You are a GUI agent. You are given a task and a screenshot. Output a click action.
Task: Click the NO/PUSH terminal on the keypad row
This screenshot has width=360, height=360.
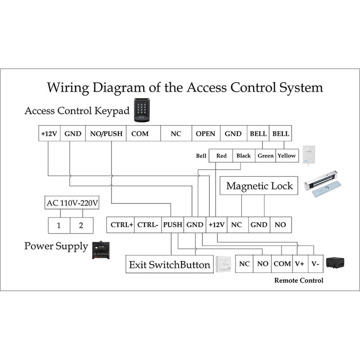coord(106,134)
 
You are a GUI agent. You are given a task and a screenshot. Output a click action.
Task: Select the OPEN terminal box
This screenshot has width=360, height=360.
coord(206,134)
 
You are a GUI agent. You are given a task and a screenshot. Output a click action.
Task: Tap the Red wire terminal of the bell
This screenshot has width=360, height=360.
coord(221,156)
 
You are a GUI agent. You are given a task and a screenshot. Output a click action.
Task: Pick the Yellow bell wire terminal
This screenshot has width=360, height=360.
coord(286,156)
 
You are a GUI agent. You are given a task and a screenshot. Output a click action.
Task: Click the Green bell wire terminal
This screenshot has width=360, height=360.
coord(265,156)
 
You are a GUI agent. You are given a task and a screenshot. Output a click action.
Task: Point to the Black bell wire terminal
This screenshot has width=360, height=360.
coord(243,156)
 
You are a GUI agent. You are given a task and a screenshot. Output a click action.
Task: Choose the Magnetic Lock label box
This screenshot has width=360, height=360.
coord(259,186)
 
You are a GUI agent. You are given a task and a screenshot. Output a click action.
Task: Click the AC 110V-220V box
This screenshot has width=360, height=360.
coord(72,203)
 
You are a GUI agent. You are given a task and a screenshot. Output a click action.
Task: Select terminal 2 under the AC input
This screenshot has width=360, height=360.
coord(81,225)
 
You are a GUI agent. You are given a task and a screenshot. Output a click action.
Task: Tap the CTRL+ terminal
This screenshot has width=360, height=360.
coord(121,225)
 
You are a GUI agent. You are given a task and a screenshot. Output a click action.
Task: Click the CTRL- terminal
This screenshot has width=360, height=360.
coord(148,225)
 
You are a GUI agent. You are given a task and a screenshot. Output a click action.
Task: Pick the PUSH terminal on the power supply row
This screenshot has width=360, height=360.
coord(172,225)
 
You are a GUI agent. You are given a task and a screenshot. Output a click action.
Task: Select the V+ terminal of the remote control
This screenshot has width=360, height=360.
coord(299,264)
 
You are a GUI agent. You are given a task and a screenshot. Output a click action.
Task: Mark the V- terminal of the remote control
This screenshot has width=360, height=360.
coord(315,264)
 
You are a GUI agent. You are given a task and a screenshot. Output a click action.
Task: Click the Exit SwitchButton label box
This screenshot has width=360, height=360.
coord(169,265)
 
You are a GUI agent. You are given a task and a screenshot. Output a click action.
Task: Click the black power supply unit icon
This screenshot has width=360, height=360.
coord(100,250)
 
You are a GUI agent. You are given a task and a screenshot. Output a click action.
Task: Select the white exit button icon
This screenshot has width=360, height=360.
coord(223,264)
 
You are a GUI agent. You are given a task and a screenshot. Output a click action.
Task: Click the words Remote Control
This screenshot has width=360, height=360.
coord(299,280)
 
